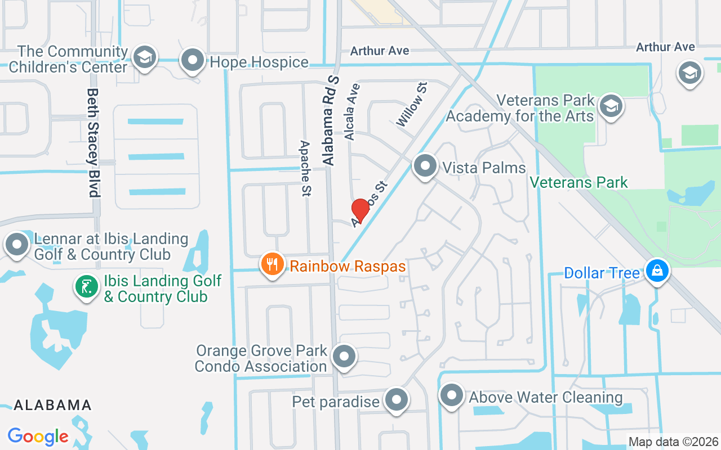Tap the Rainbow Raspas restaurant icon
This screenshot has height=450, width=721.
[273, 264]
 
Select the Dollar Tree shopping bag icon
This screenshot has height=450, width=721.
[657, 272]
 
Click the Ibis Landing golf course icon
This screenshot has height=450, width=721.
[87, 287]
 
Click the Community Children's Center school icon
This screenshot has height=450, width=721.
[145, 58]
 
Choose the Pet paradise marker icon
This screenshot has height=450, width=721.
[397, 400]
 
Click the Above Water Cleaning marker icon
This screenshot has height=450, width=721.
[451, 395]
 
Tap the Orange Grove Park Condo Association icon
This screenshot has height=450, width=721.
[344, 357]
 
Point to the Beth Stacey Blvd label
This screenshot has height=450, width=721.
[94, 142]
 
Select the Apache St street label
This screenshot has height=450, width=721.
[305, 168]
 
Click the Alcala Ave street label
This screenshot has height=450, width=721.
[352, 111]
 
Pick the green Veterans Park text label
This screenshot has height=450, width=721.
[579, 182]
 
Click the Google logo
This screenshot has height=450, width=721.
[38, 436]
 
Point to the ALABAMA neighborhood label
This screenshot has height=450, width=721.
[52, 405]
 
